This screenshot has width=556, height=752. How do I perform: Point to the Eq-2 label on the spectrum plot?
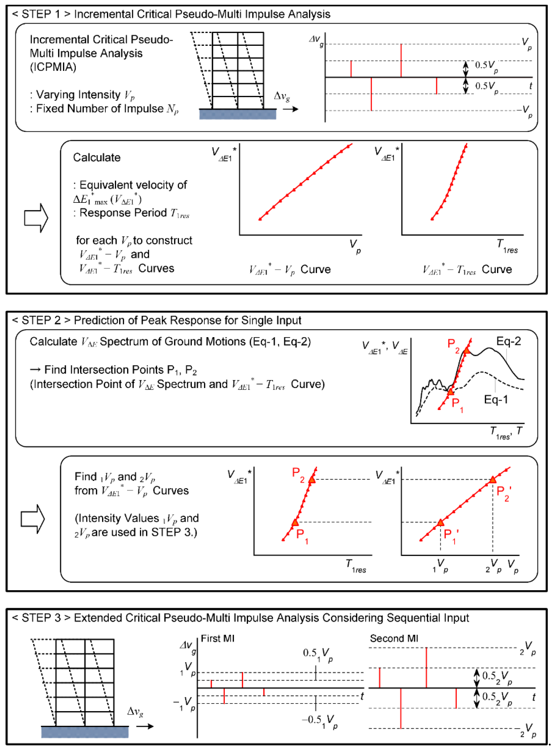point(508,341)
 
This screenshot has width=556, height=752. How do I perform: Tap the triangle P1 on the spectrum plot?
point(450,391)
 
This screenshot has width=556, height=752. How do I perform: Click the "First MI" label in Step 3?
point(217,639)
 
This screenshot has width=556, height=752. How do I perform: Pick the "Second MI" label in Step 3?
point(394,639)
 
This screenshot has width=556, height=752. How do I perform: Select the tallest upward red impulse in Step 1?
point(401,61)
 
